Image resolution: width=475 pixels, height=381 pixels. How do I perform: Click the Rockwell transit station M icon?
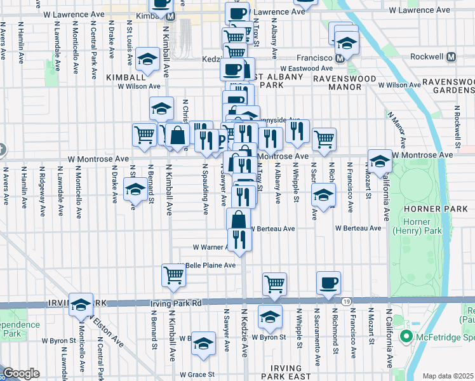pos(452,57)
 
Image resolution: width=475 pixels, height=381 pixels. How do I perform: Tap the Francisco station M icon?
pos(340,58)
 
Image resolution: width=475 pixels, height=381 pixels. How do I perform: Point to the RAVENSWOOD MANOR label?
pos(345,83)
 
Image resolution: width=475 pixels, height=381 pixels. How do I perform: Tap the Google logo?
pos(21,373)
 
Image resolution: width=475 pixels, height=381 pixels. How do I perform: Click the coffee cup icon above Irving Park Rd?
pos(328,283)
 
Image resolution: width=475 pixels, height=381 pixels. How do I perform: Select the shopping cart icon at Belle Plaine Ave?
pos(173,275)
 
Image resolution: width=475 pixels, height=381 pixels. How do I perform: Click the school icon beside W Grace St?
pos(203,344)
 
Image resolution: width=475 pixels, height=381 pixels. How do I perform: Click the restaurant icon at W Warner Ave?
pos(239,238)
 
